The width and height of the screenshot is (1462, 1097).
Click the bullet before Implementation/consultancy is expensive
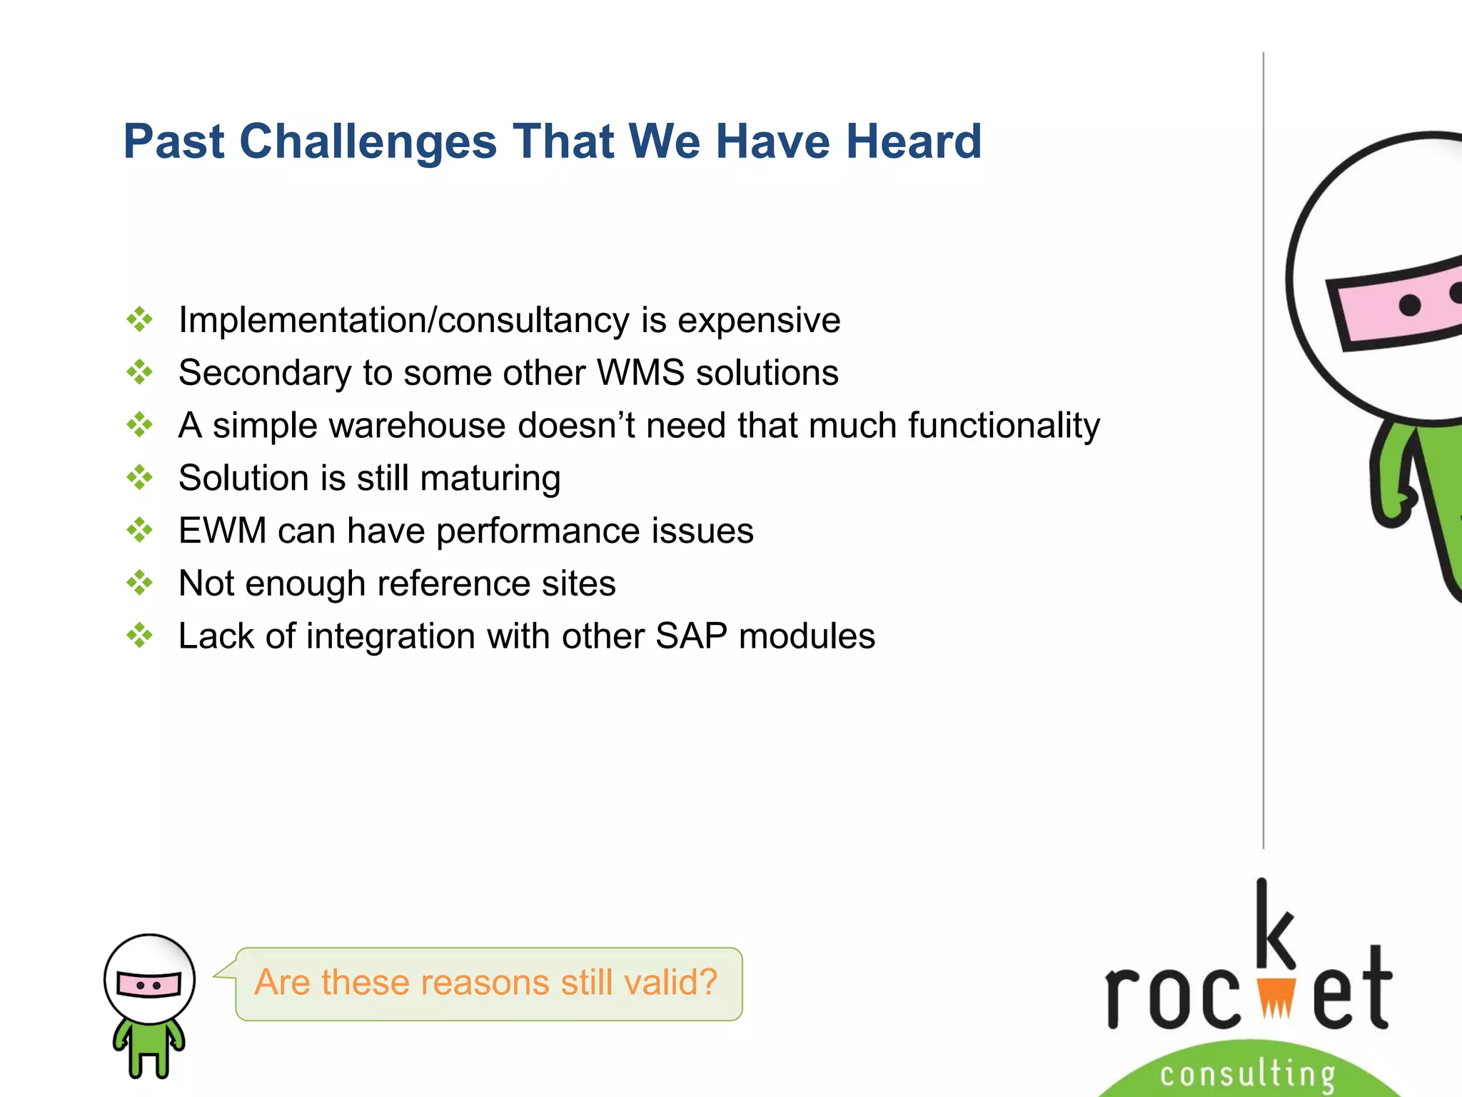click(x=139, y=319)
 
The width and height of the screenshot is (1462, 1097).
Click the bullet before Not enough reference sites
click(x=139, y=583)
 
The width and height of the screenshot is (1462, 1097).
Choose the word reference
click(x=453, y=583)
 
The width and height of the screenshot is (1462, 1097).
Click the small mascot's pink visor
click(x=149, y=985)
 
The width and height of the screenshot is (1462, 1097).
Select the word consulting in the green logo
click(x=1247, y=1074)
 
